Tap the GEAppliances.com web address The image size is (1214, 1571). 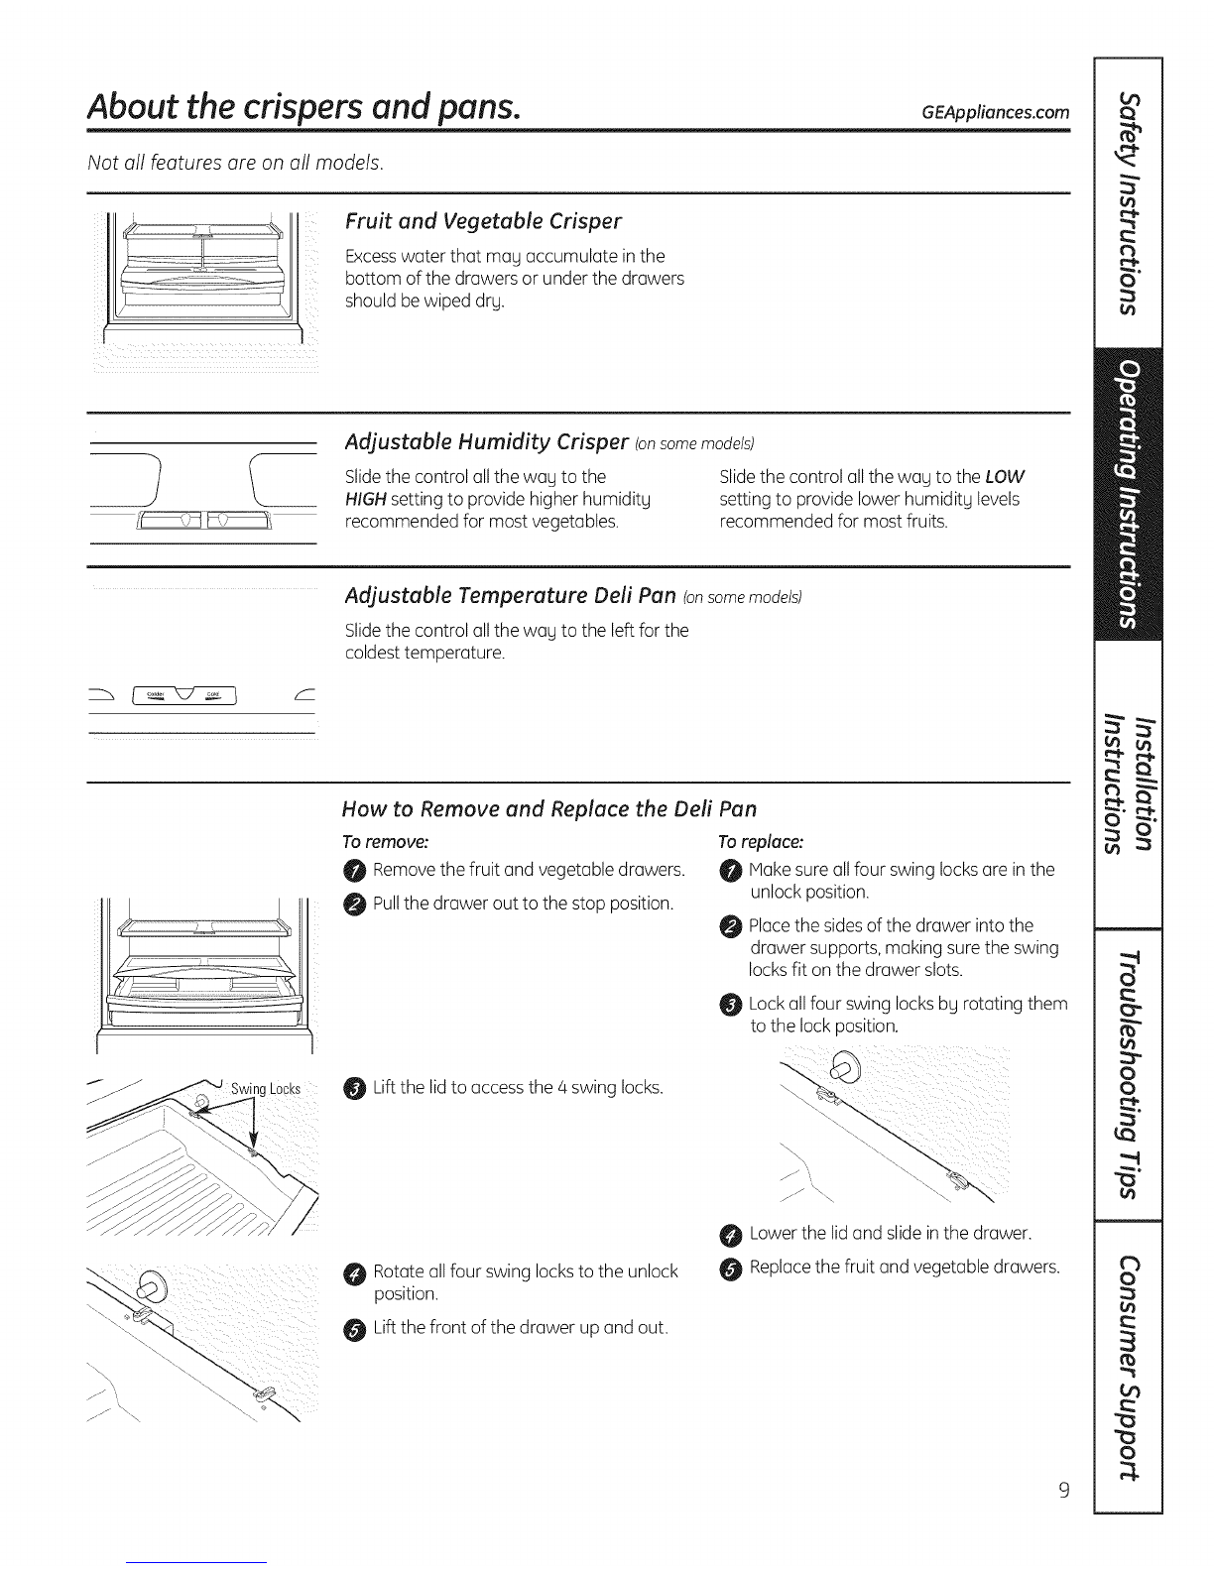(x=995, y=111)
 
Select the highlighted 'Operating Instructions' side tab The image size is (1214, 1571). (x=1128, y=494)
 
